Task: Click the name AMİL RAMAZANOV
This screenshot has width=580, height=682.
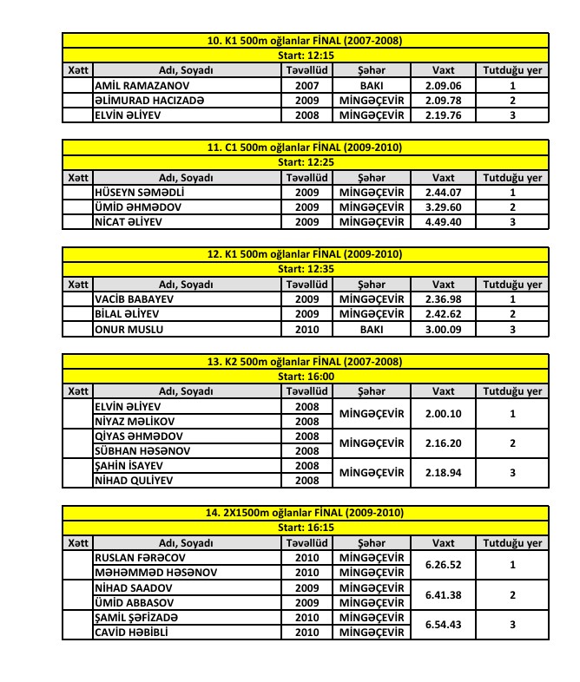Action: click(x=142, y=87)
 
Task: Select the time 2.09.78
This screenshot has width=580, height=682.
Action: click(x=443, y=101)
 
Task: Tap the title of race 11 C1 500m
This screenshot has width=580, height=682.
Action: click(x=305, y=148)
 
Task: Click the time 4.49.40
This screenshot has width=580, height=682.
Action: click(x=443, y=222)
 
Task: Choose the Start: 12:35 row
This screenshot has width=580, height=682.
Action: click(x=305, y=270)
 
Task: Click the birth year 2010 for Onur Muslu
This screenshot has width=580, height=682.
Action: click(x=307, y=330)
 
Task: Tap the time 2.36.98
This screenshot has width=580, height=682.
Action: click(x=443, y=298)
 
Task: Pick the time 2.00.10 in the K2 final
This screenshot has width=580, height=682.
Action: click(x=443, y=414)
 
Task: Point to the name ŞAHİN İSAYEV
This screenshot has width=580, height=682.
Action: click(x=132, y=466)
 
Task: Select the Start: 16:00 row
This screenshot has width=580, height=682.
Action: click(x=305, y=377)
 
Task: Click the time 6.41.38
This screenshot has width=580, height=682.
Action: click(x=443, y=595)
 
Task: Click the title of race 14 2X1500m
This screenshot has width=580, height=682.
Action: click(x=305, y=513)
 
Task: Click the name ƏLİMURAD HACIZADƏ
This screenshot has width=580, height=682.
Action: click(x=149, y=101)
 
